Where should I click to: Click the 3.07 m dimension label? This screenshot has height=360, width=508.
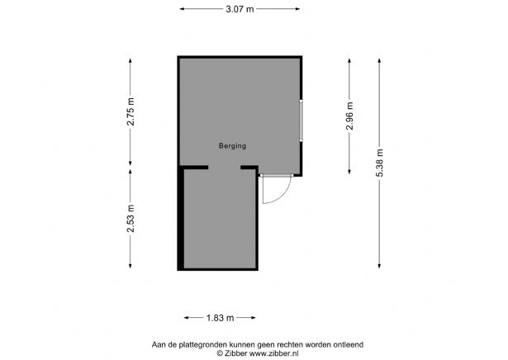240,8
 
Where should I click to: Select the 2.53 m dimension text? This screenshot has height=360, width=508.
131,218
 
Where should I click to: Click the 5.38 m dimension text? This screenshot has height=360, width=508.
379,163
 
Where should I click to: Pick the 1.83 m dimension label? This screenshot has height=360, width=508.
220,317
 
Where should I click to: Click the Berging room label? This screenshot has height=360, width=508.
232,146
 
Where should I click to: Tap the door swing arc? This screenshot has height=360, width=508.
282,194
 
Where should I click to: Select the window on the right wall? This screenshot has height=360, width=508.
301,121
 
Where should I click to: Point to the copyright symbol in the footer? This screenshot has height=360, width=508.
220,353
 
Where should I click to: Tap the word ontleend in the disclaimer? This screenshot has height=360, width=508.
347,343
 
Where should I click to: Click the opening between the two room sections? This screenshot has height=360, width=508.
224,168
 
